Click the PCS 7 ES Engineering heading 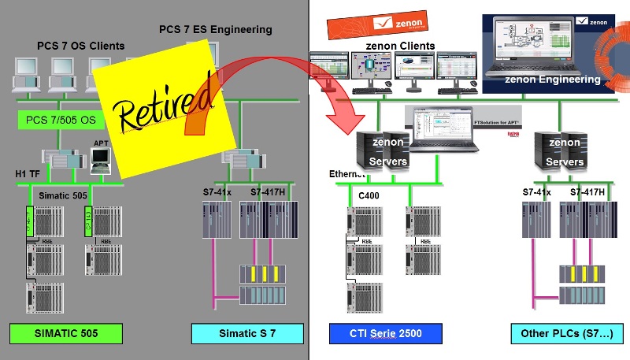(215, 30)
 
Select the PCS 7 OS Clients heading (80, 46)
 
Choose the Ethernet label (347, 173)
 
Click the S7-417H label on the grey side (267, 191)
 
